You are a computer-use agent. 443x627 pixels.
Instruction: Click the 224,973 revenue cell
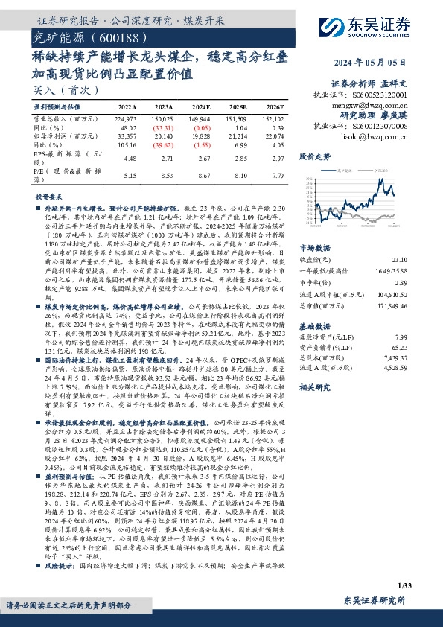pos(127,118)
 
